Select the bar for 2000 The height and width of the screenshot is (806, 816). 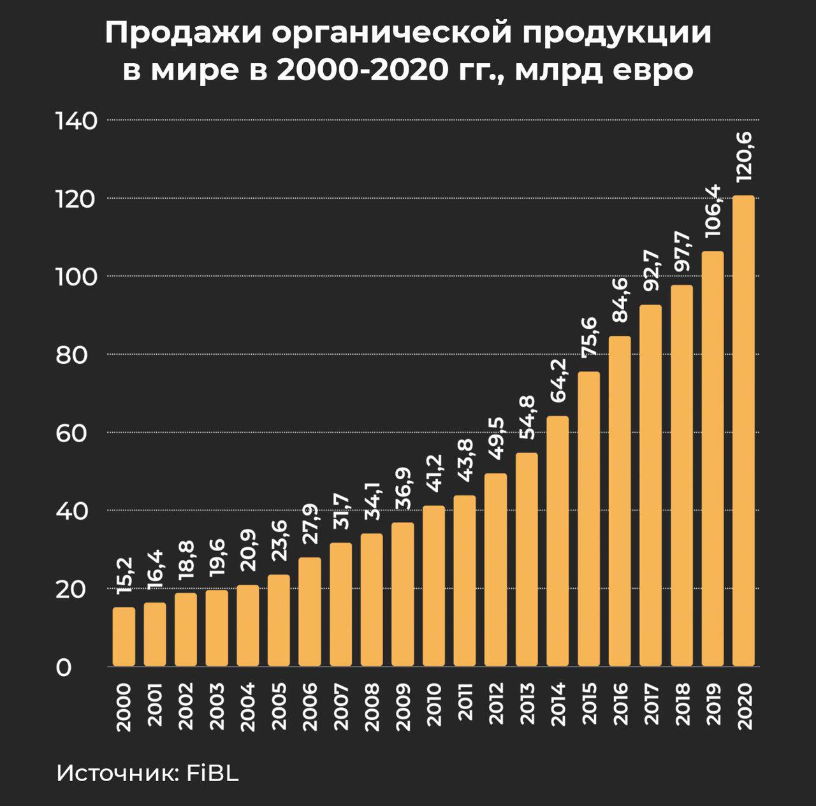point(124,637)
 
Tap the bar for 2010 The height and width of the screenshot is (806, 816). point(433,586)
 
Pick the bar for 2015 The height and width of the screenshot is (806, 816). point(588,519)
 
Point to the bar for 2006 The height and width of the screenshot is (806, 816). point(310,612)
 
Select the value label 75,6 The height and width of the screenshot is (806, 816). point(589,336)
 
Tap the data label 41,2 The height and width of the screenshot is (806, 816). point(433,473)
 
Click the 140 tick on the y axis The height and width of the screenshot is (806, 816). point(76,120)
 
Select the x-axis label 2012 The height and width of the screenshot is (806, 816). point(495,703)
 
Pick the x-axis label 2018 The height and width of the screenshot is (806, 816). point(681,703)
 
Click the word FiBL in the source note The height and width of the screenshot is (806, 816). point(212,774)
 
